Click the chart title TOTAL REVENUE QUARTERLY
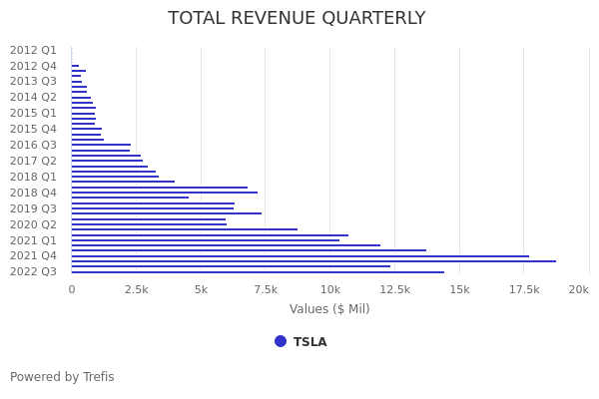pyautogui.click(x=297, y=18)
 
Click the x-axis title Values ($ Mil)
pyautogui.click(x=329, y=309)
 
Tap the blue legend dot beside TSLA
pyautogui.click(x=281, y=341)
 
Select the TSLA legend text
pyautogui.click(x=309, y=342)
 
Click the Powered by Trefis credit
pyautogui.click(x=62, y=377)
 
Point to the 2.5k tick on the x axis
pyautogui.click(x=136, y=289)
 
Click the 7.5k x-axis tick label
pyautogui.click(x=265, y=289)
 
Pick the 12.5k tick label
pyautogui.click(x=394, y=289)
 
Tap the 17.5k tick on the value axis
pyautogui.click(x=524, y=289)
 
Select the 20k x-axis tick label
pyautogui.click(x=578, y=289)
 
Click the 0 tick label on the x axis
pyautogui.click(x=71, y=289)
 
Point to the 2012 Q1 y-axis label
pyautogui.click(x=33, y=50)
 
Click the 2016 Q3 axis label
pyautogui.click(x=33, y=145)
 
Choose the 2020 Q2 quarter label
pyautogui.click(x=33, y=224)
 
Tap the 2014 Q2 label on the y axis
pyautogui.click(x=33, y=97)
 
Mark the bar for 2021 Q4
pyautogui.click(x=299, y=256)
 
